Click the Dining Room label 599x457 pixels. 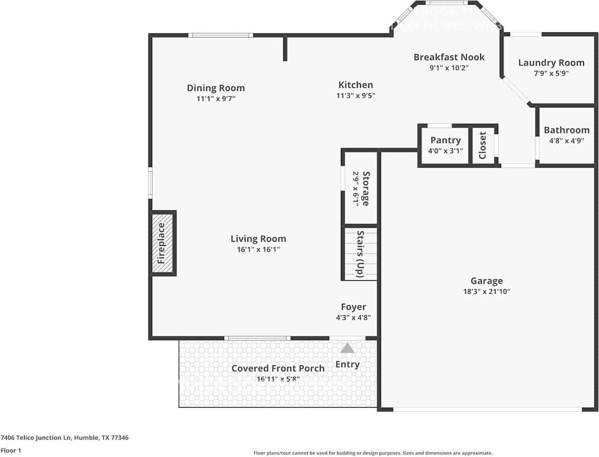[x=215, y=88]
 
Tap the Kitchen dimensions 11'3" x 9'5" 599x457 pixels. [x=355, y=95]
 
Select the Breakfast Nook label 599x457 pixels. [x=449, y=57]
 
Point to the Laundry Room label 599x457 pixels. [x=551, y=63]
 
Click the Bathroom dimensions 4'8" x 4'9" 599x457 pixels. [x=567, y=140]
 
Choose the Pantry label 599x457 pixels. [x=445, y=140]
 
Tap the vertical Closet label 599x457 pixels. [x=483, y=145]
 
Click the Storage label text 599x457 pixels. [x=366, y=188]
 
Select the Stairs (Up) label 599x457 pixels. [x=360, y=254]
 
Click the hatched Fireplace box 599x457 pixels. [x=162, y=243]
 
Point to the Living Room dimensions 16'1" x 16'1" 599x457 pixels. [x=258, y=249]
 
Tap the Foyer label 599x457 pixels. [x=353, y=307]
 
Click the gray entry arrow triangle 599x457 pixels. [x=348, y=349]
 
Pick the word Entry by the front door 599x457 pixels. [x=347, y=364]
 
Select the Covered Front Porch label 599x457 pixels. [x=278, y=368]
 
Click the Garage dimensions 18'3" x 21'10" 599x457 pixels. [x=486, y=291]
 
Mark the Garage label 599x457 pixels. [x=486, y=281]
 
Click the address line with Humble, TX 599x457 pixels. [x=64, y=438]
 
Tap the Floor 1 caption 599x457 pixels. [x=11, y=450]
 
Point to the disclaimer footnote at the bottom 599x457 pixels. [x=373, y=453]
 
